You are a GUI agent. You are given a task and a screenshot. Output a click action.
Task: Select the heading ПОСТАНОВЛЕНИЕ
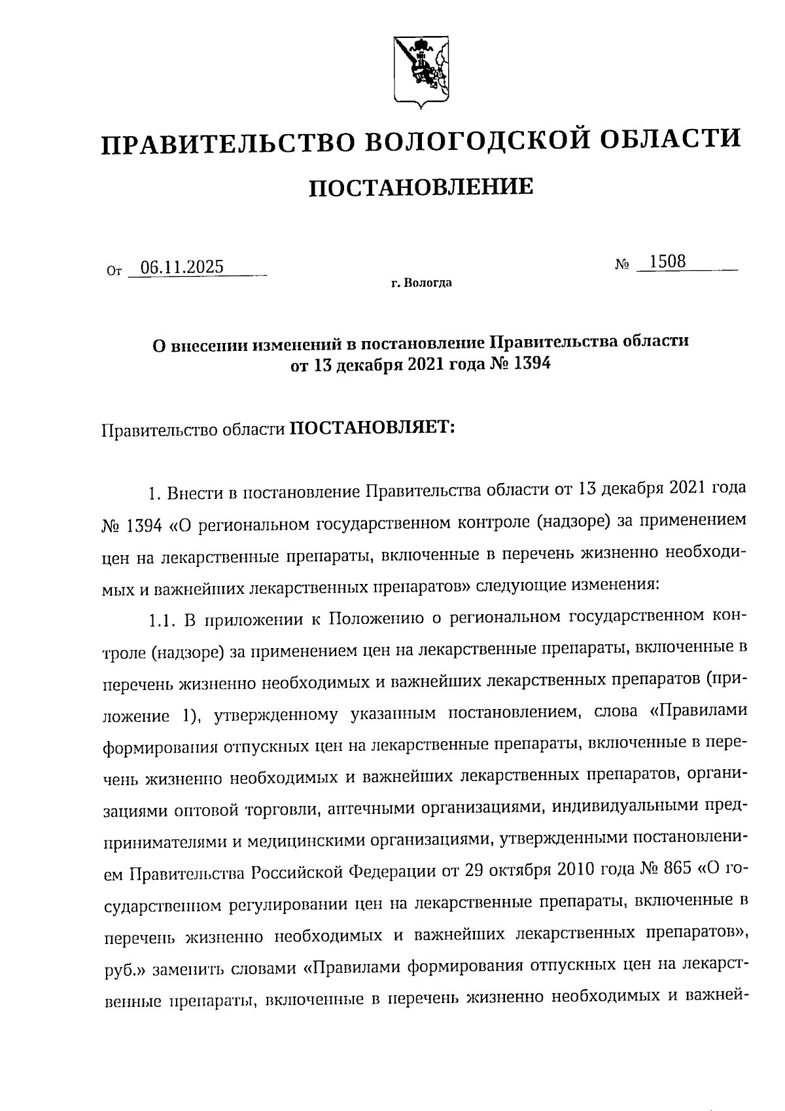pos(421,187)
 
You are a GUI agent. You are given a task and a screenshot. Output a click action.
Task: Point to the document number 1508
pos(667,262)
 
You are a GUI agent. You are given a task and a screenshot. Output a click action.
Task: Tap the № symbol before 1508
pos(622,265)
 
